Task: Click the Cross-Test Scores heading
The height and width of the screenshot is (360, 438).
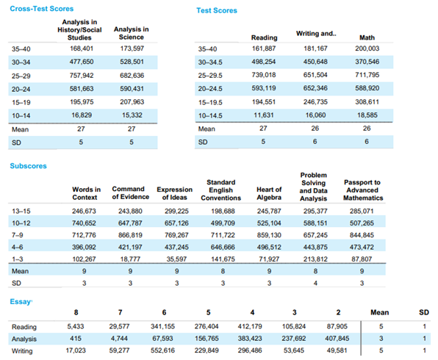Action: (42, 9)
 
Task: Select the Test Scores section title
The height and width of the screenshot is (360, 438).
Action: (217, 10)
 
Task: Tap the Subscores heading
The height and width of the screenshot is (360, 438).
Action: (28, 166)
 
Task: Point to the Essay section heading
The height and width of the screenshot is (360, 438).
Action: (21, 302)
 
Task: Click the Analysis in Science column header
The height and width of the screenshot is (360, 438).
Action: (132, 33)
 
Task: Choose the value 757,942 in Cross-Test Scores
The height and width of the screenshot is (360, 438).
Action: (82, 76)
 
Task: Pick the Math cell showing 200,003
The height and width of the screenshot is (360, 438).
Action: (367, 48)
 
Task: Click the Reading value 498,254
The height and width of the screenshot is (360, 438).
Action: (263, 62)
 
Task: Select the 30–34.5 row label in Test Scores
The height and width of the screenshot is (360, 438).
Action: (210, 62)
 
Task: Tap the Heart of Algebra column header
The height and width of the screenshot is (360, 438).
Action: (269, 193)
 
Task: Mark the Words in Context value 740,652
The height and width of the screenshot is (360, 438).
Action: (84, 223)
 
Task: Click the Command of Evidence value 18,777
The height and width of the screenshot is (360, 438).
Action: (130, 259)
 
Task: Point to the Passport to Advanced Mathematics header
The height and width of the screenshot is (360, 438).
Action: (362, 190)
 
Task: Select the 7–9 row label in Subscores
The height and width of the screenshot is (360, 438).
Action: (18, 235)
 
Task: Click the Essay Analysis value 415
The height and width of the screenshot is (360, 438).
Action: (76, 339)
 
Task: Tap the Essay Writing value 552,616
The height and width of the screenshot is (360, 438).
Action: (162, 350)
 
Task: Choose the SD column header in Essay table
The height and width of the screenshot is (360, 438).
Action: (424, 312)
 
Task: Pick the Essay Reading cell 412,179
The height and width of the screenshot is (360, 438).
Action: (250, 326)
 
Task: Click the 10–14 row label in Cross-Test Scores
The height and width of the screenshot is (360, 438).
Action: (21, 115)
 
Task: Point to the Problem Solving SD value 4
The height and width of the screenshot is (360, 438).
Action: (315, 283)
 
